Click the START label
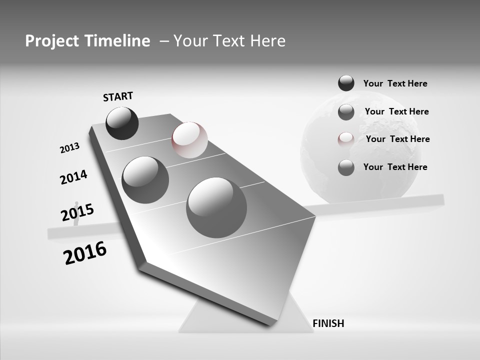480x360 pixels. click(118, 96)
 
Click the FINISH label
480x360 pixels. click(328, 323)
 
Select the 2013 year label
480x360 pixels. click(69, 148)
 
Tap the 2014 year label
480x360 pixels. click(73, 177)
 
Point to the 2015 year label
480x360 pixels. click(77, 212)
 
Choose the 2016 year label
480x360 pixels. click(85, 253)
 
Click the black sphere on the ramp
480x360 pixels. click(122, 123)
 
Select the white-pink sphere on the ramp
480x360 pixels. click(189, 140)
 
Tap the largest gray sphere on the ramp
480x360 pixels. click(216, 207)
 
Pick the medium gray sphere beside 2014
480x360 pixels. click(145, 180)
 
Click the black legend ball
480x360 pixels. click(346, 83)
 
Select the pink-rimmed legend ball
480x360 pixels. click(346, 139)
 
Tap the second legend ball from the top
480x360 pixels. click(346, 112)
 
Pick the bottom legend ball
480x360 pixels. click(346, 167)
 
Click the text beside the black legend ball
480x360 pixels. click(395, 83)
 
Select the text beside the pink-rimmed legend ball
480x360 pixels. click(397, 139)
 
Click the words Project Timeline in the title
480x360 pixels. click(87, 41)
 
